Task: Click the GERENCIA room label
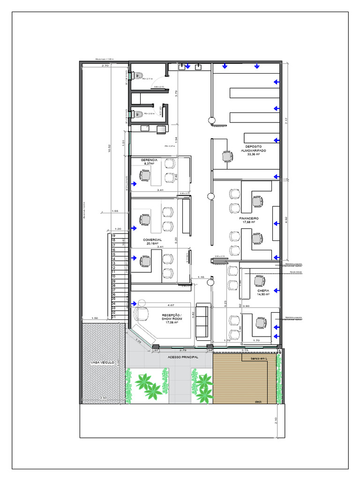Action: tap(150, 160)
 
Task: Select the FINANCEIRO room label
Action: tap(249, 218)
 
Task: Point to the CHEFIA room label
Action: tap(263, 291)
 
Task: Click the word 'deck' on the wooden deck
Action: tap(258, 402)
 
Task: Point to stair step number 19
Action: tap(113, 235)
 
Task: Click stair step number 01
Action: tap(113, 317)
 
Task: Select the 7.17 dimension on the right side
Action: tap(286, 120)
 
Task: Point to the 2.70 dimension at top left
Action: tap(105, 66)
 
